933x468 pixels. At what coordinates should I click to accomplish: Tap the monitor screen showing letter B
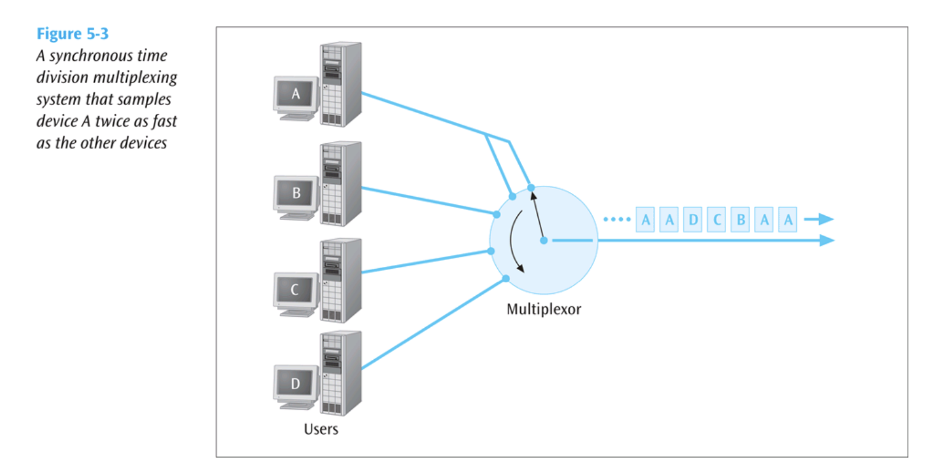click(296, 194)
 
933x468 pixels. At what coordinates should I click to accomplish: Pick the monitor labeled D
click(296, 384)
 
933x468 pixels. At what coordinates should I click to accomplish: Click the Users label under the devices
click(321, 429)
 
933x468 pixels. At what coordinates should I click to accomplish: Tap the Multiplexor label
click(543, 309)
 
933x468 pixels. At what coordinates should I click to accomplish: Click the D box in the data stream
click(693, 220)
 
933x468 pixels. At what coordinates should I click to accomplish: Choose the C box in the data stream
click(717, 220)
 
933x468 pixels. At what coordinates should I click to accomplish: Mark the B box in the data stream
click(741, 220)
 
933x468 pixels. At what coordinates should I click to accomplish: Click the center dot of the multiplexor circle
click(543, 240)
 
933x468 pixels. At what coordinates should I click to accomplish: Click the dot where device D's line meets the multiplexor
click(506, 279)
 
